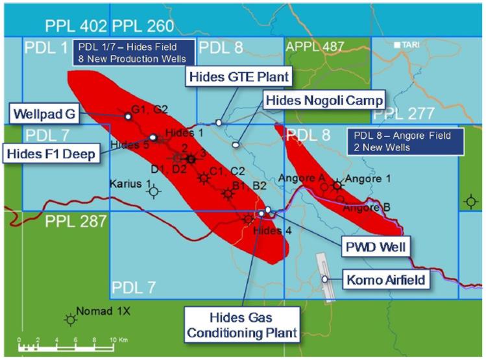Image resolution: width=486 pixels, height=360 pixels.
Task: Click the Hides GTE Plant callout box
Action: click(x=238, y=77)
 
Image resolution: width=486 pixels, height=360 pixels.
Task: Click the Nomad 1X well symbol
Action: click(x=69, y=318)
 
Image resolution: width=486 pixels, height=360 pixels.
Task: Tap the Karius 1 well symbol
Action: click(x=153, y=191)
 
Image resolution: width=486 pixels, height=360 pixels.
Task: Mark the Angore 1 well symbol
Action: click(x=337, y=185)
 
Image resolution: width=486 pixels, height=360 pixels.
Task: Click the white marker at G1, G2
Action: click(x=128, y=116)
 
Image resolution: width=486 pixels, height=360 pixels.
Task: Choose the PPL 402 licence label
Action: click(x=76, y=26)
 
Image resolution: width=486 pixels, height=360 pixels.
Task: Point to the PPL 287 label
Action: click(x=75, y=222)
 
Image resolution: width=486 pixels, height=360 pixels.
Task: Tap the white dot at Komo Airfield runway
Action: click(x=324, y=279)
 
